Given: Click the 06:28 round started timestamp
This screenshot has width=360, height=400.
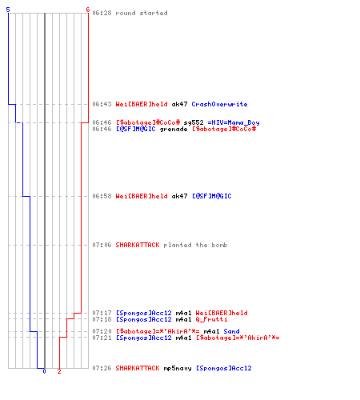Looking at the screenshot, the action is point(102,13).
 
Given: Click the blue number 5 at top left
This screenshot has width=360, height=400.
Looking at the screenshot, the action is point(8,10).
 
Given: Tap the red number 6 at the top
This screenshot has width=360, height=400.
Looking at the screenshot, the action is point(88,10).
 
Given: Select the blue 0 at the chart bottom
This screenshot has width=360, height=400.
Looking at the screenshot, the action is point(44,371).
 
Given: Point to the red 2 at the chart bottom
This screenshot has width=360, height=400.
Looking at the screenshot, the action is point(59,371).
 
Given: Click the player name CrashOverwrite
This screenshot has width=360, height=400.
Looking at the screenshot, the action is point(219,104).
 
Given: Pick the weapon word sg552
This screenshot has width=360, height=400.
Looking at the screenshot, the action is point(194,122).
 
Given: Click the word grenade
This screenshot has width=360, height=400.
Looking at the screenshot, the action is point(174,130).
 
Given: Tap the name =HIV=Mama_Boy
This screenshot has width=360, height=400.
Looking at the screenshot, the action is point(234,122).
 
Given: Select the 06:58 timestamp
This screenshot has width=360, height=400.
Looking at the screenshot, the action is point(102,196).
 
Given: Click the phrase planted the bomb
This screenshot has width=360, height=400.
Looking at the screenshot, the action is point(195,245).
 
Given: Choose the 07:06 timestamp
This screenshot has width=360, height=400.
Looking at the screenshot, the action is point(102,245).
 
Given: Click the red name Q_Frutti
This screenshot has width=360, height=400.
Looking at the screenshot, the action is point(211,319).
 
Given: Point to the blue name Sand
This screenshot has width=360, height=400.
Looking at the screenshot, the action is point(231,331).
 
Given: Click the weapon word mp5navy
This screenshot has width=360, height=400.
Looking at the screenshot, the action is point(178,368).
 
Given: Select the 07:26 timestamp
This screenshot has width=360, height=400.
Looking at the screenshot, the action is point(102,368).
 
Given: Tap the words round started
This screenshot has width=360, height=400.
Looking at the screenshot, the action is point(142,13).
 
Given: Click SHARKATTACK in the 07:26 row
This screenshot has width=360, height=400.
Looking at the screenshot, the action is point(138,368).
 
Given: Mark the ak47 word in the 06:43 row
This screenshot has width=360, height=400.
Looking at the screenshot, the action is point(179,104).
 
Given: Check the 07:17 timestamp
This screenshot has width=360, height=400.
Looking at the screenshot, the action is point(102,313).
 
